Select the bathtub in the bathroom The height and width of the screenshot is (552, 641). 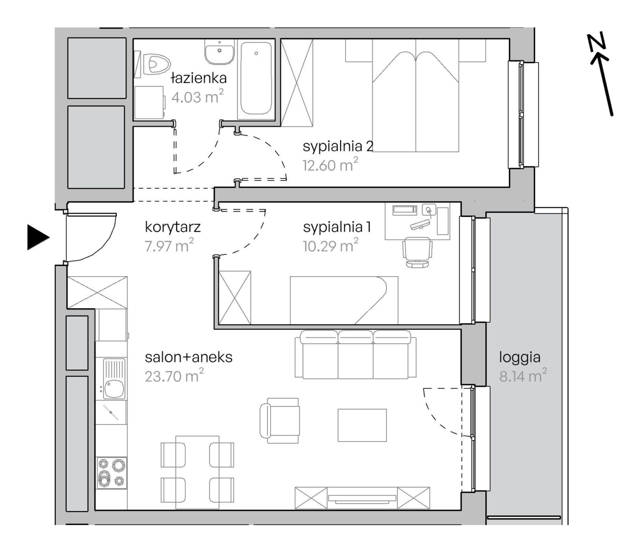[256, 79]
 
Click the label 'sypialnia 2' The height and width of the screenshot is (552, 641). [338, 146]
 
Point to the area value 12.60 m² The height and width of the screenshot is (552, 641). [330, 165]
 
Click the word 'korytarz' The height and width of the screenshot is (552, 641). [173, 227]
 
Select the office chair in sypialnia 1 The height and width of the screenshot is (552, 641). [417, 252]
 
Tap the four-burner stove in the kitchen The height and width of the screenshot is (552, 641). [112, 473]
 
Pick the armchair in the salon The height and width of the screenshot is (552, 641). [280, 420]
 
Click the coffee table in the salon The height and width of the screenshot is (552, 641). [362, 425]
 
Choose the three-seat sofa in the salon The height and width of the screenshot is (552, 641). [356, 355]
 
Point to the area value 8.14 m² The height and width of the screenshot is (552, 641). [523, 376]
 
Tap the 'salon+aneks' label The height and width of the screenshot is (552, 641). [189, 357]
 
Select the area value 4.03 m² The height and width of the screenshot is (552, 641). [197, 97]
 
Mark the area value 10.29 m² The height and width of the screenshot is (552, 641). [331, 245]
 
